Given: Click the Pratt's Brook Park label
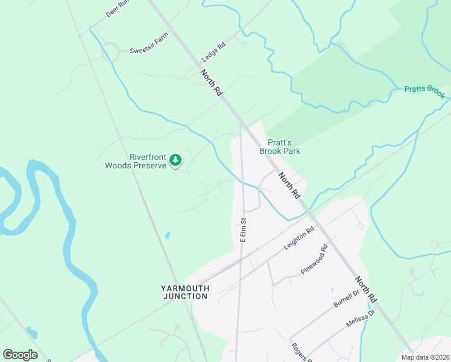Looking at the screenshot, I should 280,147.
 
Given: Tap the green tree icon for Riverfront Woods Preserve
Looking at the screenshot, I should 175,160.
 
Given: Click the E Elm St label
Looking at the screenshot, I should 244,230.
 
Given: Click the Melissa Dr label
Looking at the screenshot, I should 361,319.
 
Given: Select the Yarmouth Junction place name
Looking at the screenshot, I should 186,292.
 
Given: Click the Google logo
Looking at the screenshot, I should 20,355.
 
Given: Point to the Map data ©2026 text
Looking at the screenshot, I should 425,357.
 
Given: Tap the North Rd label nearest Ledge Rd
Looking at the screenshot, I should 212,83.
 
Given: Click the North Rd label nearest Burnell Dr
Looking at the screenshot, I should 365,290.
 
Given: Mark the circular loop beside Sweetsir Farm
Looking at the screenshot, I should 110,52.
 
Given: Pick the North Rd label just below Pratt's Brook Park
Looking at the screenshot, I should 289,186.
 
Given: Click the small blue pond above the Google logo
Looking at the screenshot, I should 31,332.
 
